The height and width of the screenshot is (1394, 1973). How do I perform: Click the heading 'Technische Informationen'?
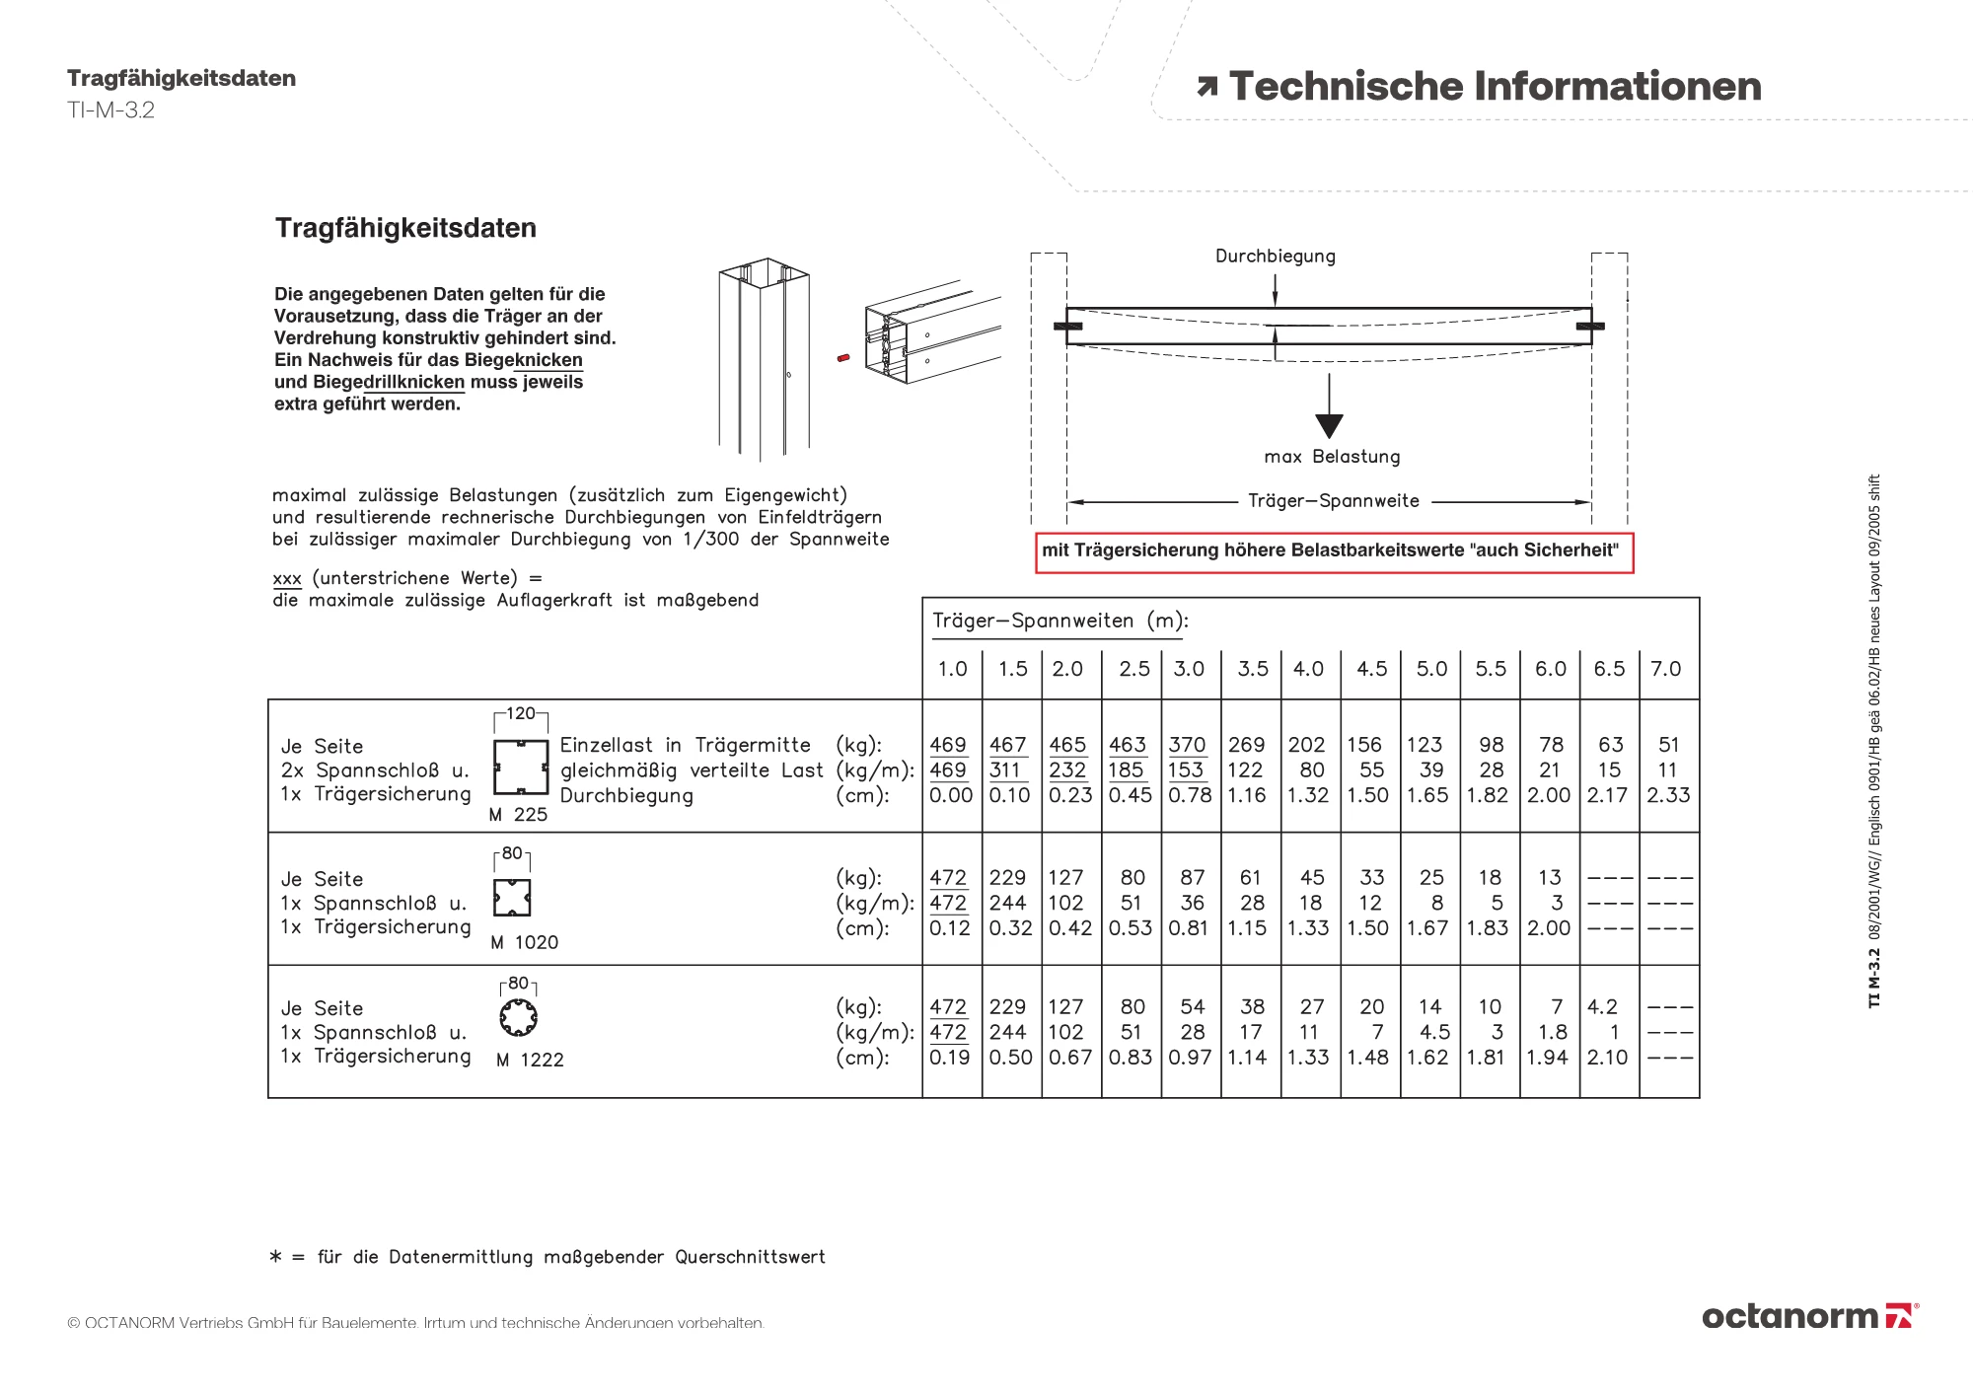(x=1494, y=87)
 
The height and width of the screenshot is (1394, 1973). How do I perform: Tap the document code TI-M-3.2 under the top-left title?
(x=110, y=110)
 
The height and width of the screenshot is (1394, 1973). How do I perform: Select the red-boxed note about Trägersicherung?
(x=1334, y=551)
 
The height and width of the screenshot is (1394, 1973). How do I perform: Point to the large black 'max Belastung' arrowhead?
(x=1329, y=425)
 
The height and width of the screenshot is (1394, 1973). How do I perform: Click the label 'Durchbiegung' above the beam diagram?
(x=1275, y=257)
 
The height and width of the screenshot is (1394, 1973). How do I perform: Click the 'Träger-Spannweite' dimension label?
(x=1333, y=501)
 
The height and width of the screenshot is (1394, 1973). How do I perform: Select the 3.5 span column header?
(x=1252, y=669)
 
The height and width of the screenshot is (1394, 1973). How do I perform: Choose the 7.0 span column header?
(x=1665, y=669)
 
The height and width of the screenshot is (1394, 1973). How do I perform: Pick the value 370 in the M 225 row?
(x=1187, y=745)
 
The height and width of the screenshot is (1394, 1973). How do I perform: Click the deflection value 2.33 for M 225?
(x=1668, y=795)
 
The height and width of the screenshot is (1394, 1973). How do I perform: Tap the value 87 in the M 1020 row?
(x=1192, y=878)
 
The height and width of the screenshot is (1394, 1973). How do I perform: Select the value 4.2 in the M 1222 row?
(x=1602, y=1007)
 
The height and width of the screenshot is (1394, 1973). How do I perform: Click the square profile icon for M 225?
(x=521, y=767)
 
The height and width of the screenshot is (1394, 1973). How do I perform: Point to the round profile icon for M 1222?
(x=518, y=1017)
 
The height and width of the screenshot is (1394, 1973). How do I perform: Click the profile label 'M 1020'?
(x=524, y=943)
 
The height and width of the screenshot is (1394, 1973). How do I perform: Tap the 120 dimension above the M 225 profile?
(x=520, y=713)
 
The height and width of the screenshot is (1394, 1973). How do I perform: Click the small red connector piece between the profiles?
(x=842, y=358)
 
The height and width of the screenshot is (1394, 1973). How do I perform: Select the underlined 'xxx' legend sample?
(x=286, y=579)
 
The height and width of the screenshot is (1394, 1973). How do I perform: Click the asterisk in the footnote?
(x=275, y=1256)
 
